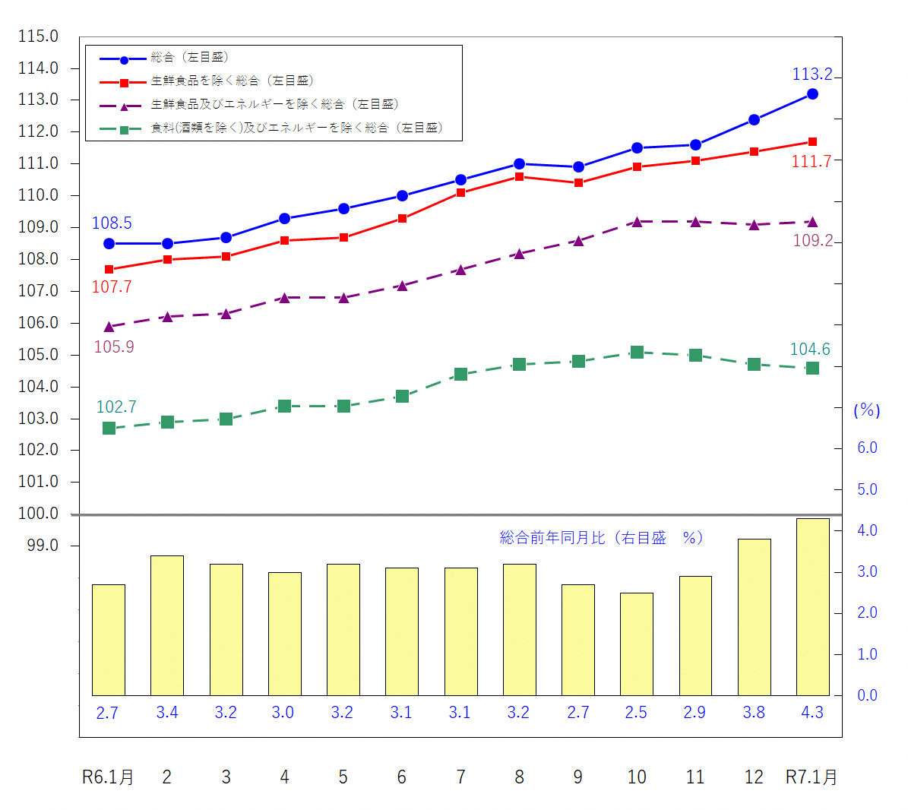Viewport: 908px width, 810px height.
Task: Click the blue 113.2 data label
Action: (812, 74)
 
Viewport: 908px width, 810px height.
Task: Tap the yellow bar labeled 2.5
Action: (637, 644)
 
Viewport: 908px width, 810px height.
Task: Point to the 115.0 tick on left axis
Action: (38, 36)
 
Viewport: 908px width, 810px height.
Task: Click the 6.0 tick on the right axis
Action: (867, 448)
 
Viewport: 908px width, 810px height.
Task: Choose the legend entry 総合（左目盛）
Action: (189, 58)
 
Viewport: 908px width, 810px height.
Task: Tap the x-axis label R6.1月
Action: (108, 777)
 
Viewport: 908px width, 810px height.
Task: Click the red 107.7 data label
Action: (112, 287)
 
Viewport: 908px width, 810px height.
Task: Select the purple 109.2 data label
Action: (812, 241)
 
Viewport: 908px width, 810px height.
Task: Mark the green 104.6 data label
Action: (810, 350)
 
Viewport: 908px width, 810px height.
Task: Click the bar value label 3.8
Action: (754, 713)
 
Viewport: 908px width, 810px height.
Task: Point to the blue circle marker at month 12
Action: (754, 119)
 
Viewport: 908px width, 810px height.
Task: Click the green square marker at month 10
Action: (637, 352)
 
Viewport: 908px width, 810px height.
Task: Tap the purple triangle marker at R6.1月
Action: (109, 327)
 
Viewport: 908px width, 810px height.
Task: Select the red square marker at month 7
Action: (460, 193)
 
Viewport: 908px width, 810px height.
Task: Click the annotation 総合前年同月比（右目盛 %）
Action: (601, 538)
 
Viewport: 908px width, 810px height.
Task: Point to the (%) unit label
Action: (867, 410)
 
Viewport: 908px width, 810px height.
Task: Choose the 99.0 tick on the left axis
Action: (43, 546)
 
